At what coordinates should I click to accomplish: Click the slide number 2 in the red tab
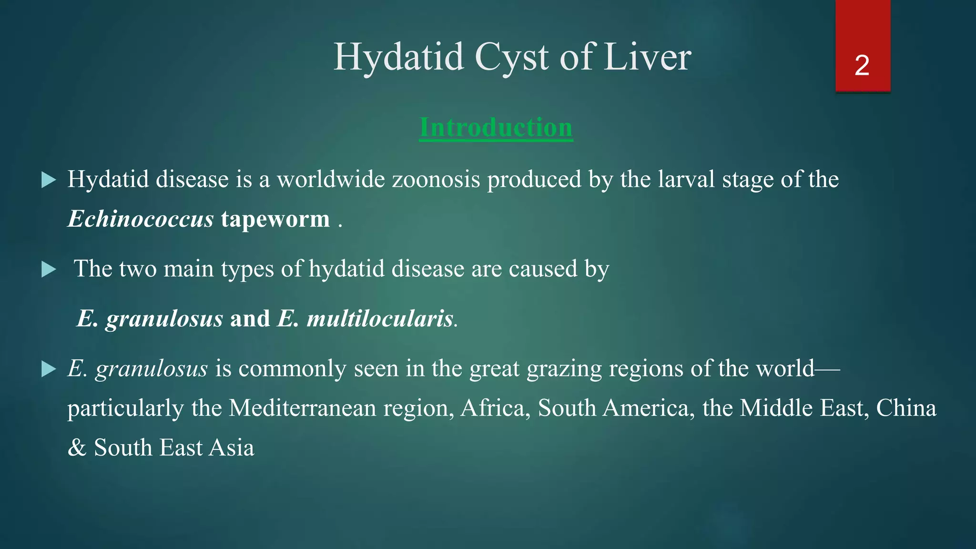click(862, 65)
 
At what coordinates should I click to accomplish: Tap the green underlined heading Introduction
click(496, 128)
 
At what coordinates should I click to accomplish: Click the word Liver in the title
click(648, 57)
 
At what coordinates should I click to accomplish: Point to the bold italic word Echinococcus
click(141, 219)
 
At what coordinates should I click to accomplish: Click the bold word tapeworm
click(275, 219)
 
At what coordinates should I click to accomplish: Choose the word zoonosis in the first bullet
click(436, 180)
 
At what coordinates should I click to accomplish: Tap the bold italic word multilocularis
click(380, 318)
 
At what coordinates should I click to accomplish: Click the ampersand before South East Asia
click(77, 448)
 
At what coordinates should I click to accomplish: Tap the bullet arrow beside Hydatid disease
click(49, 180)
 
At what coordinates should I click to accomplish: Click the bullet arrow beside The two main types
click(49, 269)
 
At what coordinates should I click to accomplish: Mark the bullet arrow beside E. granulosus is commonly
click(49, 369)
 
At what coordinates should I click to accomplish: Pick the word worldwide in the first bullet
click(331, 180)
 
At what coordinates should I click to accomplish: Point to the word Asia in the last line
click(232, 448)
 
